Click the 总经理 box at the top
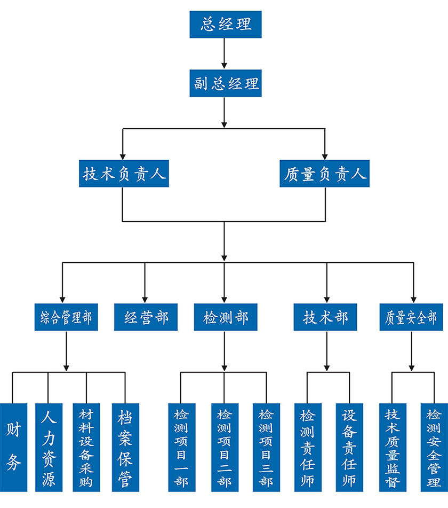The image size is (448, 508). [226, 25]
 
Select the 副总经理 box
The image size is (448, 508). [226, 84]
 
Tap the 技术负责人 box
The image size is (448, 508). [124, 174]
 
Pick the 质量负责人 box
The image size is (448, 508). [325, 174]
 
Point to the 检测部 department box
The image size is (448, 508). [226, 318]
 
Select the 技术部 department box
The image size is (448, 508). [325, 318]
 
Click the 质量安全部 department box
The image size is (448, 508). [411, 318]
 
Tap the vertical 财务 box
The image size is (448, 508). [13, 447]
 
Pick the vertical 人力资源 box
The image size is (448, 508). [49, 447]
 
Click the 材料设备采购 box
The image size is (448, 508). [86, 447]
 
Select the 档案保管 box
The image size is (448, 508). [125, 447]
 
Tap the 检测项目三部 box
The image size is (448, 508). [266, 447]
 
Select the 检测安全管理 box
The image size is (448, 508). [433, 447]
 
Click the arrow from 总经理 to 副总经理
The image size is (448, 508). [225, 53]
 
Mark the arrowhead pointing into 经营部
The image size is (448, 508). [144, 298]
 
